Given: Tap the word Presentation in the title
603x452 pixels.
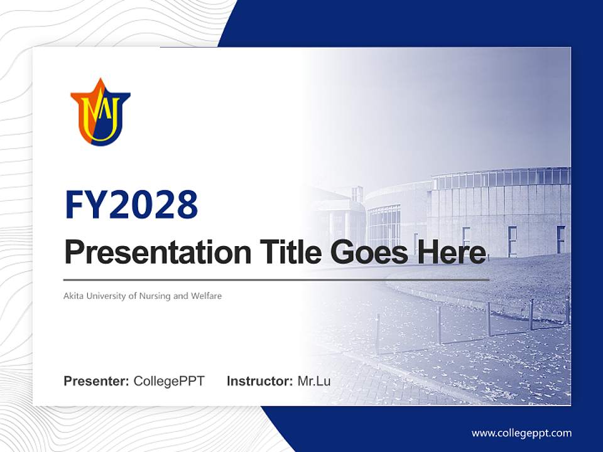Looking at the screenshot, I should [x=158, y=252].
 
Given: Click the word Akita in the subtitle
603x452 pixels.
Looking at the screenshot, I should [x=73, y=296].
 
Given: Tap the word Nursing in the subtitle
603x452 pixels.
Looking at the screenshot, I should [x=156, y=296].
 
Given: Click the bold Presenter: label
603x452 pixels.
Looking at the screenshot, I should [x=97, y=381].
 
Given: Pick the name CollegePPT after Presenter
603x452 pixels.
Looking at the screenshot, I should [x=169, y=381].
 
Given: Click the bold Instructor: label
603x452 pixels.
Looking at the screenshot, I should [x=259, y=381].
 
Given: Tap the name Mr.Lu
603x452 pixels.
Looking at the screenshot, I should [x=314, y=381].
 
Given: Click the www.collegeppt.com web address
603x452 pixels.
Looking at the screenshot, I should [x=521, y=433].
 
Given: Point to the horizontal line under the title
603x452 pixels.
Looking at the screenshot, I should [x=276, y=279].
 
